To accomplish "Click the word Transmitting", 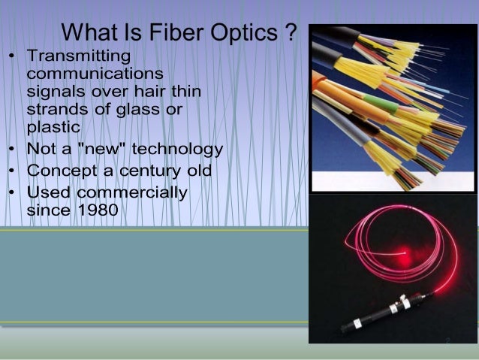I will pyautogui.click(x=77, y=56).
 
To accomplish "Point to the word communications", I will pyautogui.click(x=95, y=74).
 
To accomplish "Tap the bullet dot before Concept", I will pyautogui.click(x=11, y=171).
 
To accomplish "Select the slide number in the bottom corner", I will pyautogui.click(x=447, y=340).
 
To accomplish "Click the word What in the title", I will pyautogui.click(x=91, y=33).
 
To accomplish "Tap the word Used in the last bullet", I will pyautogui.click(x=49, y=192).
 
